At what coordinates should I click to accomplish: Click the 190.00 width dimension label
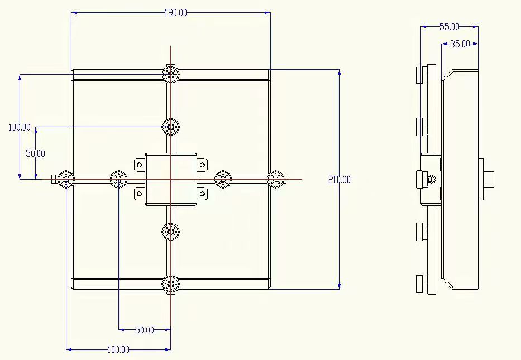176,13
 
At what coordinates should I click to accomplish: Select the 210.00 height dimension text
340,180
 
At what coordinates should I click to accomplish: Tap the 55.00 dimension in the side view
449,27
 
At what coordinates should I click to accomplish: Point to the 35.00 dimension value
460,44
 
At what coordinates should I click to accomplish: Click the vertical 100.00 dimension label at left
20,127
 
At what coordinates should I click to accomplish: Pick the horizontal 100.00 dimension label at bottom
118,349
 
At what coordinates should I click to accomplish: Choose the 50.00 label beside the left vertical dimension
35,153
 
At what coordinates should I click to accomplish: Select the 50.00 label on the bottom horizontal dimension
145,330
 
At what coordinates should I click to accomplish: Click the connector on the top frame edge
171,74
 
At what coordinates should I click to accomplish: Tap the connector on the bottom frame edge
171,284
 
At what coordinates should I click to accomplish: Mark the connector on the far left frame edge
66,179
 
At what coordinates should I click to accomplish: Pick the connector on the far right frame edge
276,179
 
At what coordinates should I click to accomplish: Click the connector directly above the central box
171,127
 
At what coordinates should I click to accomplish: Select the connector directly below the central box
171,232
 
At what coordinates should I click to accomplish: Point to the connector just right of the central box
223,179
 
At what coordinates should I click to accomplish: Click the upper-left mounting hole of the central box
140,165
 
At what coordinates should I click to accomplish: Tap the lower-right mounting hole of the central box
202,194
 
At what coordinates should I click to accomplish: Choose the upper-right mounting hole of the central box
202,165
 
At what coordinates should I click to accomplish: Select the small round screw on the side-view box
433,180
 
